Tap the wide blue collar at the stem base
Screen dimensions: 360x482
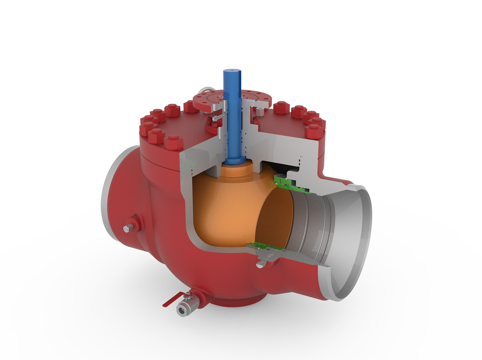pos(234,160)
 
